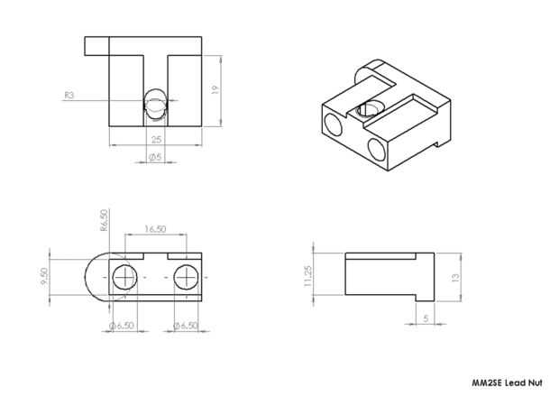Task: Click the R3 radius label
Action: click(x=69, y=96)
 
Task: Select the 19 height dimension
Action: click(x=215, y=89)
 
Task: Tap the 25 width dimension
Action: click(x=157, y=140)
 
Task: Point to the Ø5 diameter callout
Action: click(x=155, y=157)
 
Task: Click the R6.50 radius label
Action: click(x=104, y=220)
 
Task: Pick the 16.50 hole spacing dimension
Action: click(x=155, y=229)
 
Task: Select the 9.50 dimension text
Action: click(x=44, y=277)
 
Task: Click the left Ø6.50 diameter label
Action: click(x=122, y=326)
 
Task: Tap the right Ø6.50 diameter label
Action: click(x=186, y=326)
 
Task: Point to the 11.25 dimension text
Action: click(x=308, y=276)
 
